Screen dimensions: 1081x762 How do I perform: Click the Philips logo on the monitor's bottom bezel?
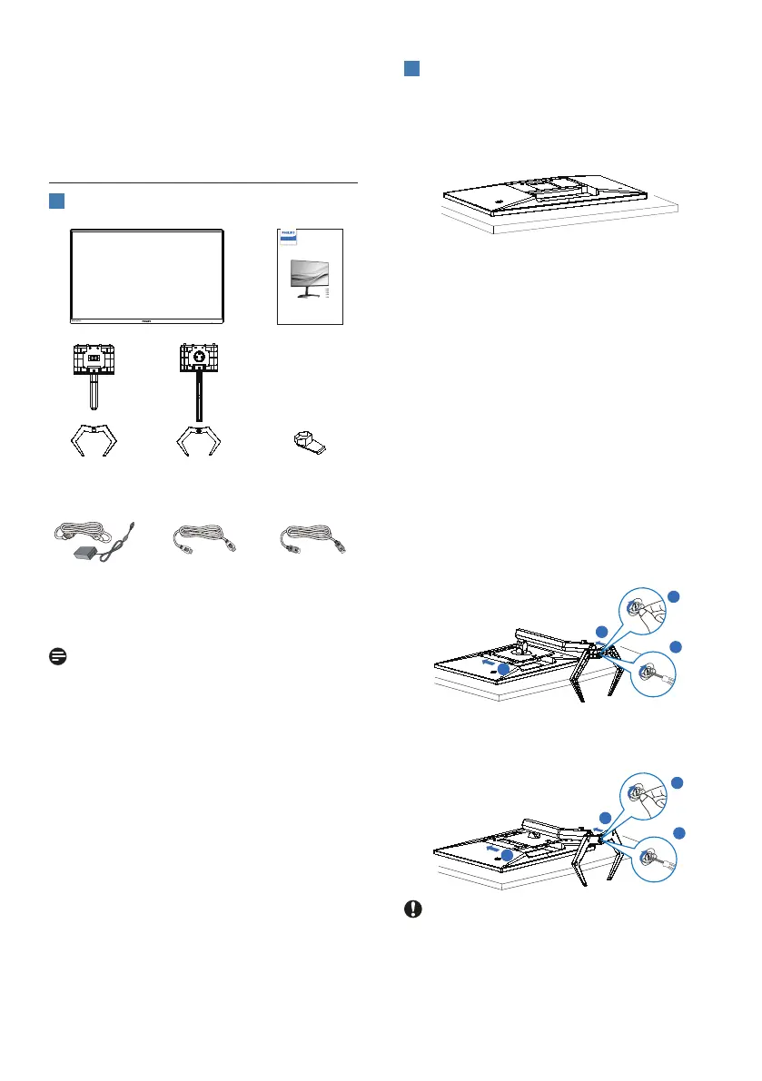tap(146, 319)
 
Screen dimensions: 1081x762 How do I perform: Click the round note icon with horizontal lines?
tap(54, 654)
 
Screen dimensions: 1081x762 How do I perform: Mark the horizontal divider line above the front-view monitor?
tap(203, 182)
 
